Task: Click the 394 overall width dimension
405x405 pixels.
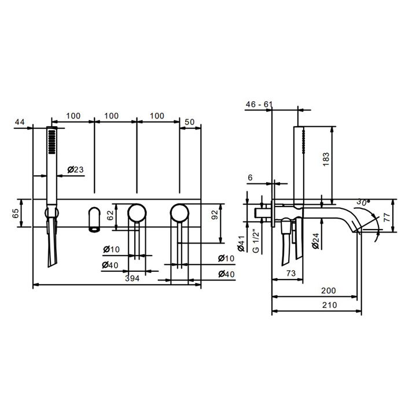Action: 132,278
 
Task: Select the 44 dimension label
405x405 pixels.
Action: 20,122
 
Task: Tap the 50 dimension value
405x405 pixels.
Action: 190,122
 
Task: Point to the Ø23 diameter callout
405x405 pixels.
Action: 75,170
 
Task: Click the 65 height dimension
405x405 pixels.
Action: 16,213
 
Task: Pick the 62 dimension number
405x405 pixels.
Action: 111,215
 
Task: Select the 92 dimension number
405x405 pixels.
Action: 215,215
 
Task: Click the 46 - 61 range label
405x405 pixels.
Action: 259,104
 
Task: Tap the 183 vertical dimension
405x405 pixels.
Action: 326,159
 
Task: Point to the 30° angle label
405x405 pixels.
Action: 363,202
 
